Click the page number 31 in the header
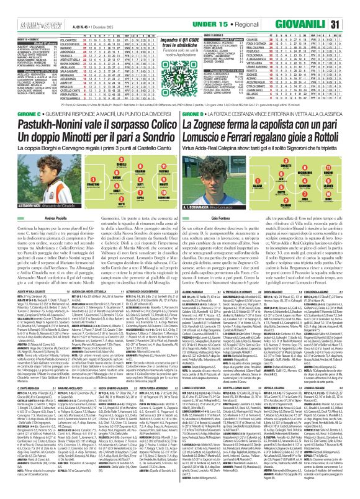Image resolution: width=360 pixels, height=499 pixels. click(x=351, y=7)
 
